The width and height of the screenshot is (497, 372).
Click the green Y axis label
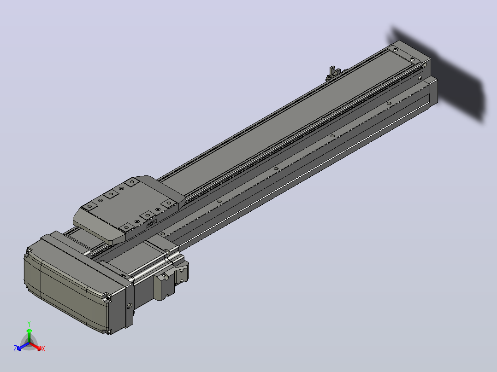[29, 324]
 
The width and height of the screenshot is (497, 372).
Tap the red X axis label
[43, 349]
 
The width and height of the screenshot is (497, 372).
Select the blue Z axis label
[15, 348]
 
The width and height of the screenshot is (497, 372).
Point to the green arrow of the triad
[29, 335]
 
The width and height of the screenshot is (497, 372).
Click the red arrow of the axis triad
[35, 346]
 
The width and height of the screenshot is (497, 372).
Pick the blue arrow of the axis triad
[23, 346]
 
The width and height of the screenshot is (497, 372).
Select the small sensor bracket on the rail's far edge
[332, 72]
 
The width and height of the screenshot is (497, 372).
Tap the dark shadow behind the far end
[444, 73]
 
